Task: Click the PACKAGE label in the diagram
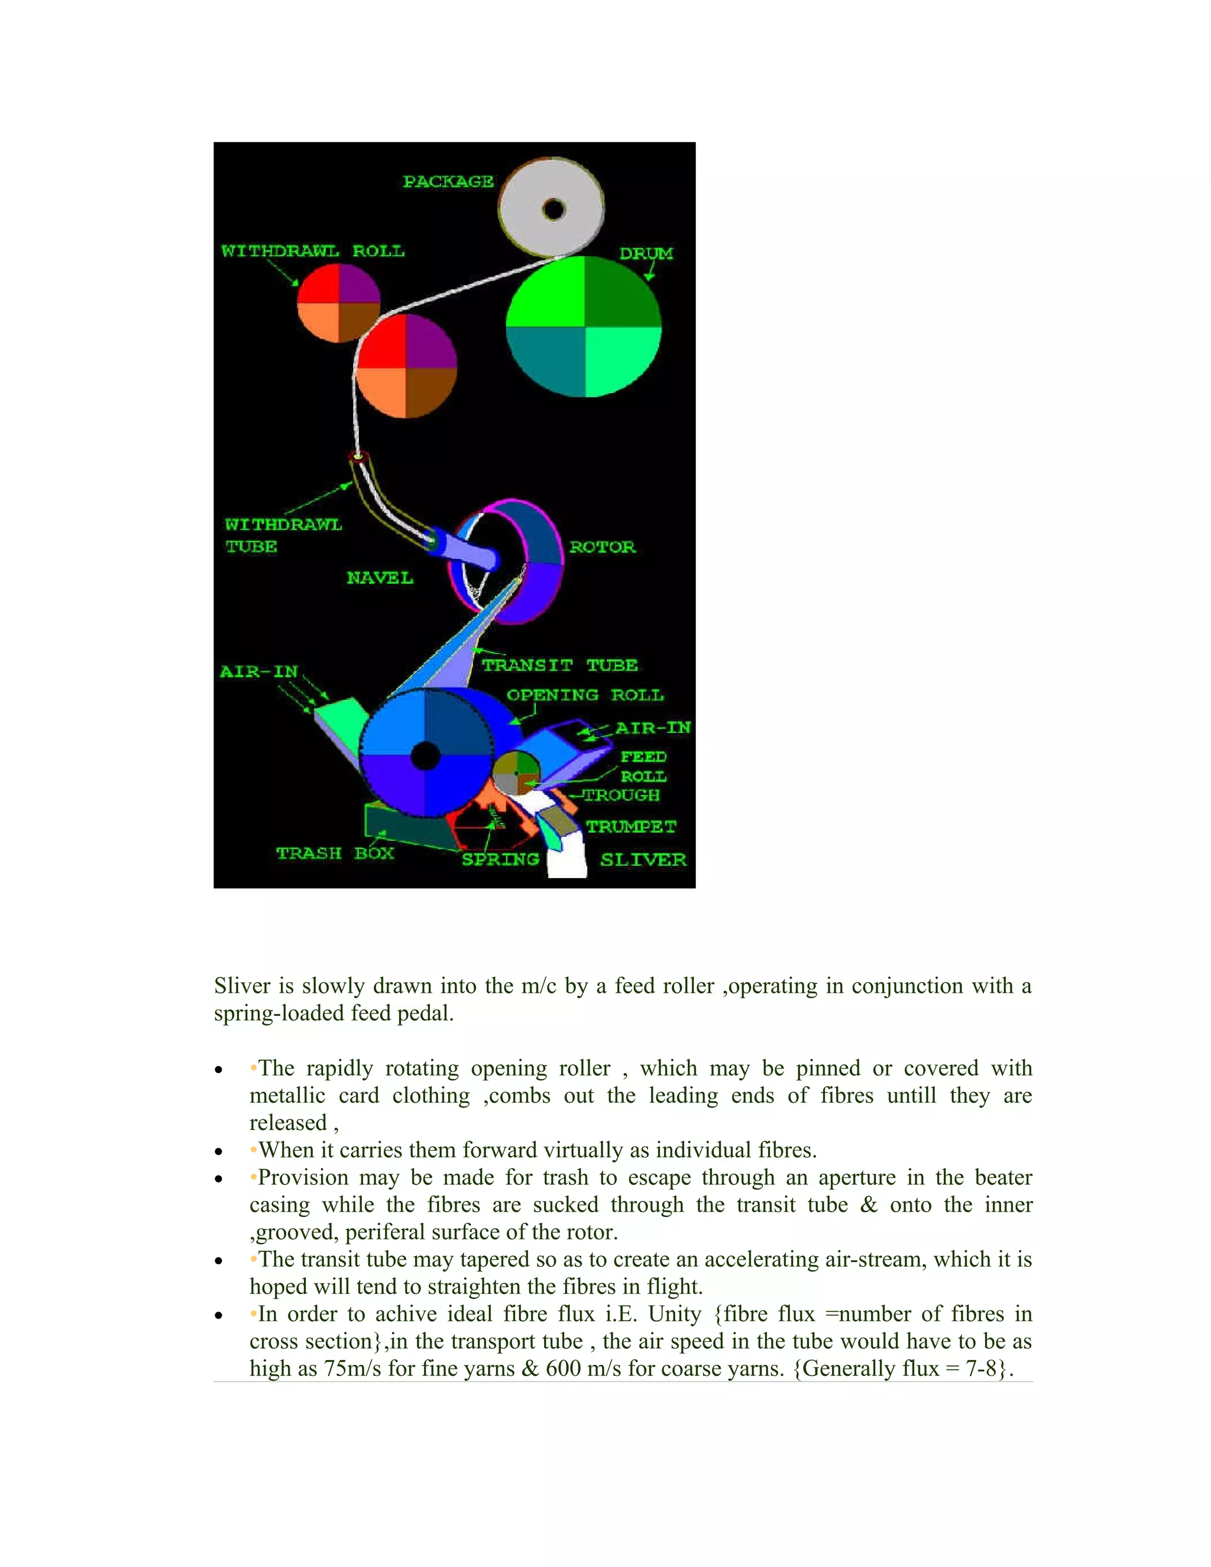[448, 182]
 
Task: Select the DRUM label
[646, 253]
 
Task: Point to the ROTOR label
[602, 547]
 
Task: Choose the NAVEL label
[380, 578]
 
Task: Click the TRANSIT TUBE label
[559, 665]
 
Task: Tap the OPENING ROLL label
[585, 695]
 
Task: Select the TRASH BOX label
[335, 853]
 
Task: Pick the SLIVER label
[643, 860]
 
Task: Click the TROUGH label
[621, 795]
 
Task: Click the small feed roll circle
[516, 773]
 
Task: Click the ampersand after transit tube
[868, 1205]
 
